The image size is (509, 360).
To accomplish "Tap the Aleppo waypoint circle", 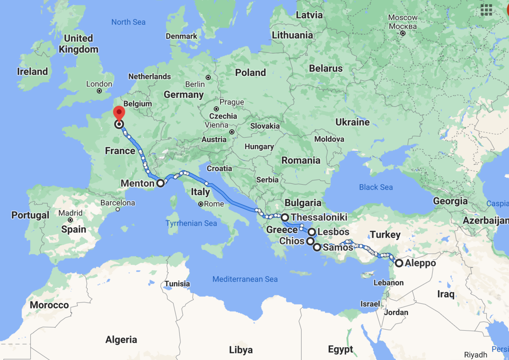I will [x=399, y=263].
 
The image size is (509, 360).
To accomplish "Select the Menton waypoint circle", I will [x=161, y=183].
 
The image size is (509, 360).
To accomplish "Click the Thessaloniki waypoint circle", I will [x=285, y=217].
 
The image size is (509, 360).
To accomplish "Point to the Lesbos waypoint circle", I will [x=311, y=232].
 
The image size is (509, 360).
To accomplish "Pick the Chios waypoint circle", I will [x=310, y=241].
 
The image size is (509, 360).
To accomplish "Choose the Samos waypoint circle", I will [x=317, y=247].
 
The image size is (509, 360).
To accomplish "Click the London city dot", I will [x=99, y=91].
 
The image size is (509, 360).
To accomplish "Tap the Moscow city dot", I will [x=403, y=34].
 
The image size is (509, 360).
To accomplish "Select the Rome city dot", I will [x=201, y=204].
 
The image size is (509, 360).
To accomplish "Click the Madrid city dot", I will [x=70, y=220].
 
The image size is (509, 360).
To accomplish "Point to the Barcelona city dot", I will [x=117, y=209].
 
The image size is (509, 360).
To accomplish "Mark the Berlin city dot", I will [x=208, y=77].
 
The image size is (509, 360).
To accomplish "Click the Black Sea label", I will [x=376, y=187].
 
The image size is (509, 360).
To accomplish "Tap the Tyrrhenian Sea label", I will [x=191, y=223].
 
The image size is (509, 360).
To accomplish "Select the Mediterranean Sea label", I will [x=245, y=279].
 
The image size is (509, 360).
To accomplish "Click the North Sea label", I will [x=128, y=22].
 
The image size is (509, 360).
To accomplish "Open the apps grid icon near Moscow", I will [x=486, y=10].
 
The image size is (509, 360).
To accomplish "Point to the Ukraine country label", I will [x=352, y=122].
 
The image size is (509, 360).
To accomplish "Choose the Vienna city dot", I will [x=232, y=132].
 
